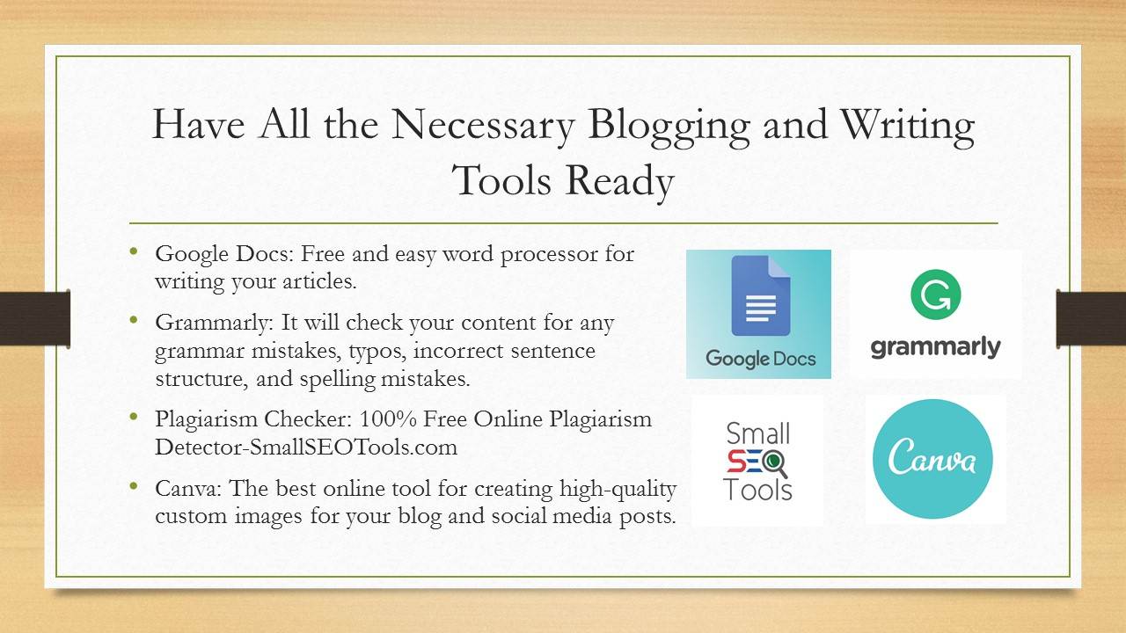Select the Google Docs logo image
(x=758, y=314)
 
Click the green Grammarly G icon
(x=935, y=295)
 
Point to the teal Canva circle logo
(x=933, y=459)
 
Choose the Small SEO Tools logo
(x=757, y=462)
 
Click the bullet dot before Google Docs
(x=134, y=251)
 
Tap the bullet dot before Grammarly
(x=134, y=319)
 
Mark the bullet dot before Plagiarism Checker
(x=134, y=416)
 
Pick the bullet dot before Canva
(x=134, y=485)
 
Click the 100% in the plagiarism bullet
(x=388, y=418)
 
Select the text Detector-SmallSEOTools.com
(x=306, y=447)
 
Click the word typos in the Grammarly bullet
(x=377, y=351)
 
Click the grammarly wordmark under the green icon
(x=935, y=347)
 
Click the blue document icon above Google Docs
(x=761, y=295)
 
